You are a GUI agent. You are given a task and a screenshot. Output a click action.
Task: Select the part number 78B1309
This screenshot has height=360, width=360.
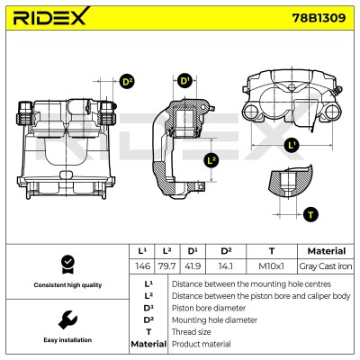(x=319, y=18)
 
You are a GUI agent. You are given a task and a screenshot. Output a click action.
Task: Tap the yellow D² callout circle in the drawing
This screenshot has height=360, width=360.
(x=127, y=81)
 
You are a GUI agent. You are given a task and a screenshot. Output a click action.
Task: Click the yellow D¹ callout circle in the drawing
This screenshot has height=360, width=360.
(x=184, y=80)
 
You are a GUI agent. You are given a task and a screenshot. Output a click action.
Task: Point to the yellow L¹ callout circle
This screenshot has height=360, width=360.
(x=292, y=146)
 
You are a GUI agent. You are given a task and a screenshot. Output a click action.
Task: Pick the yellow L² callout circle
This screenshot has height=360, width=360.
(x=211, y=160)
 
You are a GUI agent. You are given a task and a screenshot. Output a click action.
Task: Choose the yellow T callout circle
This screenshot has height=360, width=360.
(x=310, y=214)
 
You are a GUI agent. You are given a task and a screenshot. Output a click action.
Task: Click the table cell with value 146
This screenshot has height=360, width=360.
(x=142, y=266)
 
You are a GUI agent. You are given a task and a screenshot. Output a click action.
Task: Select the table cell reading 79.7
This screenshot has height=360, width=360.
(x=167, y=266)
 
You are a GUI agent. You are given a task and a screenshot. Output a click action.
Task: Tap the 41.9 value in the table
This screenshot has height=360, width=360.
(x=193, y=266)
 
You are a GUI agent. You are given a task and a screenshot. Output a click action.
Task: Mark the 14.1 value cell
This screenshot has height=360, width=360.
(x=226, y=266)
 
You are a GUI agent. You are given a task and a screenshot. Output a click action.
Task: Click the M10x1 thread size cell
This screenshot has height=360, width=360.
(x=271, y=266)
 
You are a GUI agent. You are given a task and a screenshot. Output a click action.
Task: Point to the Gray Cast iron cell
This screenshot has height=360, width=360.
(x=326, y=266)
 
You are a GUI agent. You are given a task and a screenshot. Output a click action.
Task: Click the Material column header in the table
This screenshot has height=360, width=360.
(x=326, y=251)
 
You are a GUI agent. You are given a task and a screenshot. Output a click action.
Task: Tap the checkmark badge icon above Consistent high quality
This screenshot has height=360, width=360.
(x=67, y=265)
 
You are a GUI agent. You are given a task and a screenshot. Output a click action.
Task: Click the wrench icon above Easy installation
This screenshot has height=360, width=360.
(x=67, y=319)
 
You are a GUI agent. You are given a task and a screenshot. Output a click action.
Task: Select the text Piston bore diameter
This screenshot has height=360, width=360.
(x=209, y=308)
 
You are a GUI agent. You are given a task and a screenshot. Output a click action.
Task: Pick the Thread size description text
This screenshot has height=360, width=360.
(x=191, y=332)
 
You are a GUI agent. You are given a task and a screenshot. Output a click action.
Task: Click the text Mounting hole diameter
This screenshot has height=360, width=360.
(x=214, y=320)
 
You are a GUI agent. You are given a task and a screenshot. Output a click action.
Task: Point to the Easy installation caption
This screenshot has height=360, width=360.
(x=67, y=340)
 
